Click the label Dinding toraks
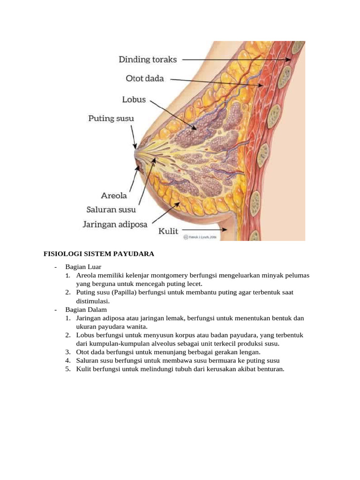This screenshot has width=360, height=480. [148, 60]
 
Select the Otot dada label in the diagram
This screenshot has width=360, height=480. [145, 78]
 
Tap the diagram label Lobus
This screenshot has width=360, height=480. [134, 99]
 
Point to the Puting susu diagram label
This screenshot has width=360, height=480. [111, 119]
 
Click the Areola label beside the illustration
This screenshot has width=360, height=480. [114, 195]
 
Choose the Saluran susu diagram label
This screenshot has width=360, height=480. [111, 210]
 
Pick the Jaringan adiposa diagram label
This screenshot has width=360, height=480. [115, 225]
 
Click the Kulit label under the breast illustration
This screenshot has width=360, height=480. [168, 231]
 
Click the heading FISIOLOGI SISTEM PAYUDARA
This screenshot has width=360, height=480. [98, 254]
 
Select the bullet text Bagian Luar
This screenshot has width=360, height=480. [83, 267]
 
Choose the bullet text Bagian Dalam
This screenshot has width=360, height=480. [86, 309]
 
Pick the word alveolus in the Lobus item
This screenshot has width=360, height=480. [163, 344]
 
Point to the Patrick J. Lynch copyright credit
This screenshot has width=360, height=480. [200, 237]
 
